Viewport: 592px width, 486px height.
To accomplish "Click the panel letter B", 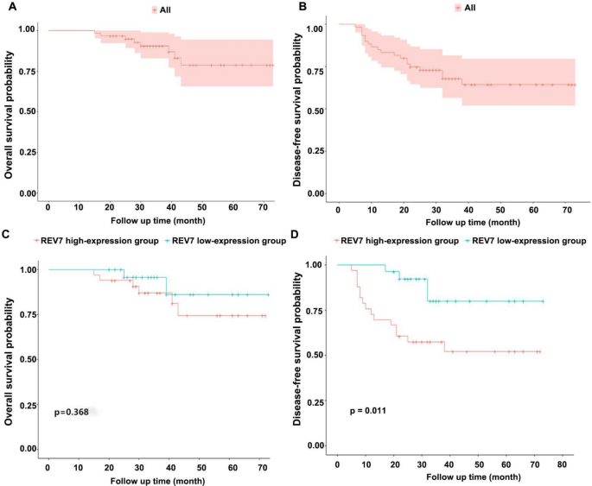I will (x=301, y=8).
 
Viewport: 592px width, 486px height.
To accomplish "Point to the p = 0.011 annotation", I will (x=368, y=410).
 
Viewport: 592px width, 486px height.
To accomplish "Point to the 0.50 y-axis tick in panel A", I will (x=29, y=111).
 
